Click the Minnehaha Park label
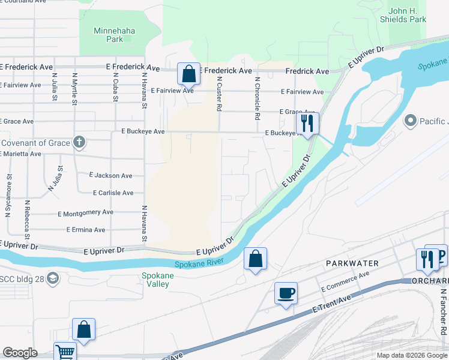click(x=109, y=34)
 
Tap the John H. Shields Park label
click(x=407, y=15)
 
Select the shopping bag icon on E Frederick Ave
click(x=188, y=74)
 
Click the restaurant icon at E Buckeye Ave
click(x=307, y=123)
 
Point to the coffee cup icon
click(x=286, y=293)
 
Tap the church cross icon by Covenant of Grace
click(x=79, y=143)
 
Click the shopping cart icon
click(x=65, y=352)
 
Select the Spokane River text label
click(x=199, y=263)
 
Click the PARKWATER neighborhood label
click(x=352, y=263)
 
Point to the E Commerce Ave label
click(x=345, y=281)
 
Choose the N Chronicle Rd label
click(x=257, y=98)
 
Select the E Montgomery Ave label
click(x=85, y=213)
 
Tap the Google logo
click(x=20, y=353)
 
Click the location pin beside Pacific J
click(x=411, y=121)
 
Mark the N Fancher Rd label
click(x=443, y=312)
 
